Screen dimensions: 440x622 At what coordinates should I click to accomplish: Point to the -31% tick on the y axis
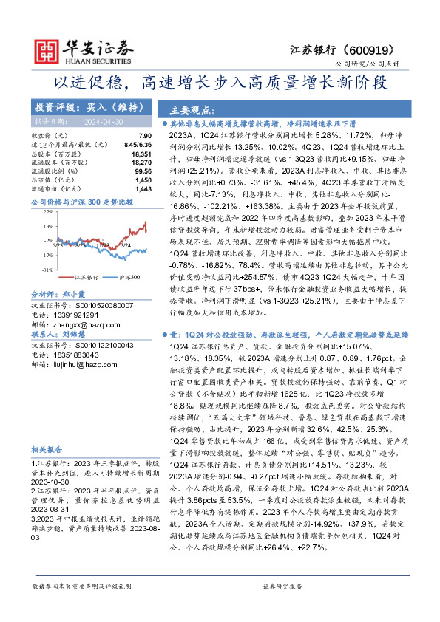point(46,271)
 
